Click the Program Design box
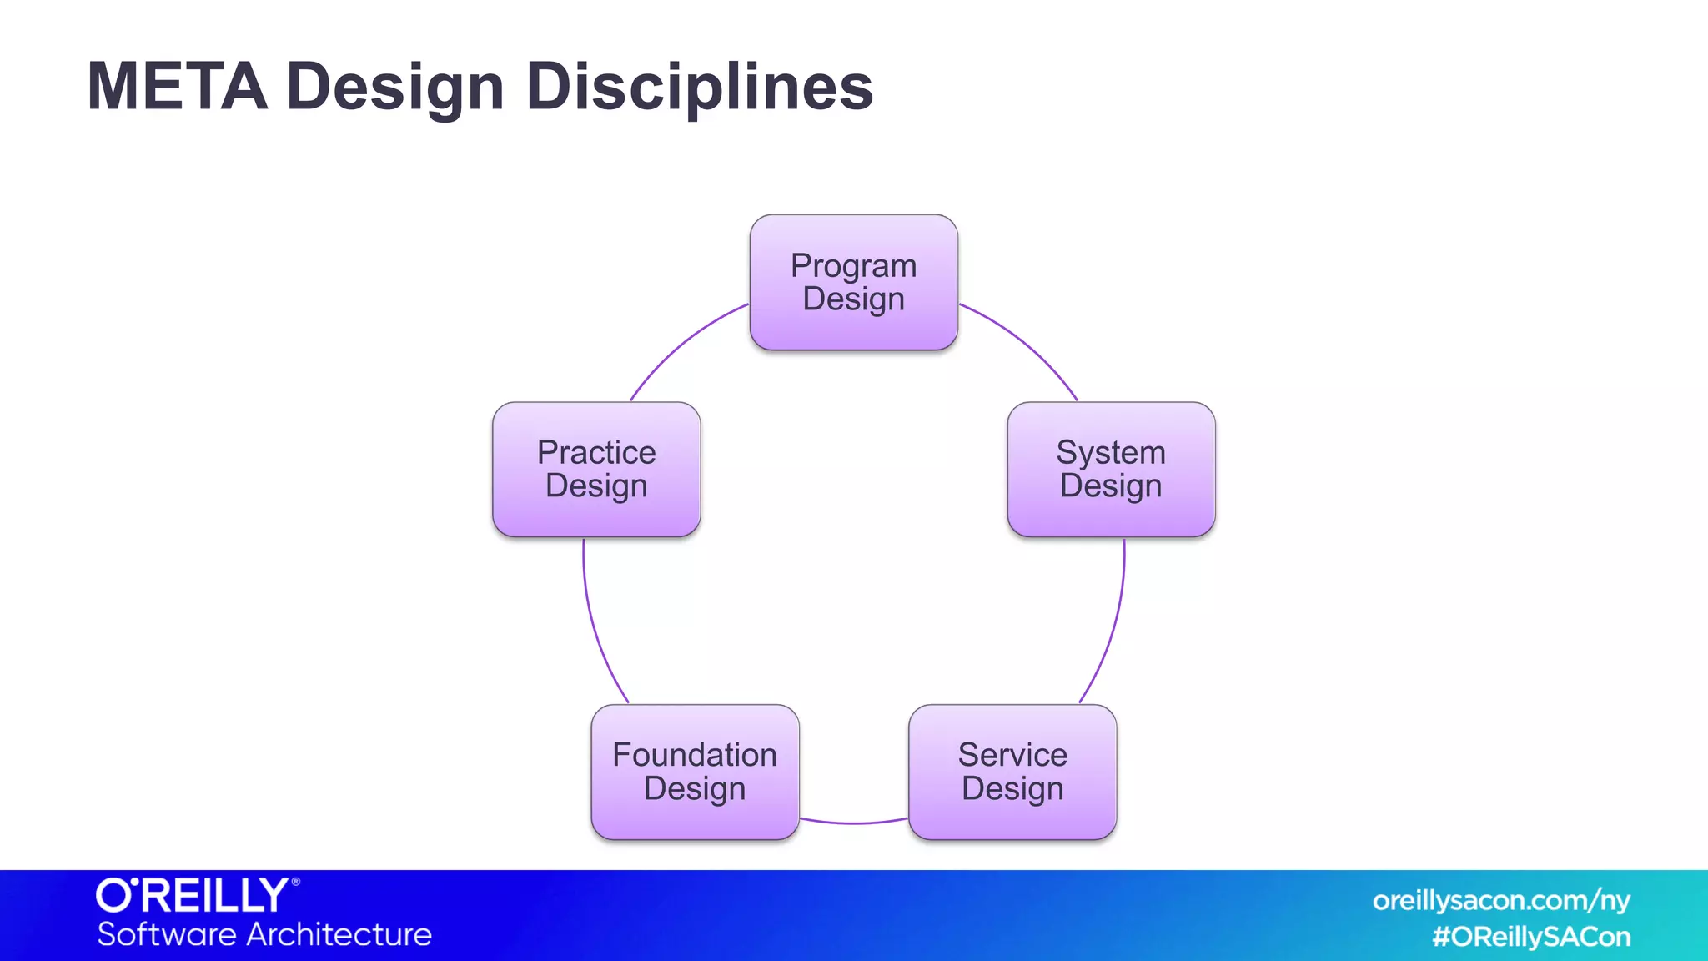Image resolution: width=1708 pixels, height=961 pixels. point(853,282)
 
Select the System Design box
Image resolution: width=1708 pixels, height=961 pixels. point(1110,469)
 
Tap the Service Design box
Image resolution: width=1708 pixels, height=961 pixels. point(1012,772)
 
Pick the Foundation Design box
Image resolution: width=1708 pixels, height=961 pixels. point(695,772)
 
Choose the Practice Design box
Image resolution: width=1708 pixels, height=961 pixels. point(595,469)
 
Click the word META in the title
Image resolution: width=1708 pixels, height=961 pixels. point(177,86)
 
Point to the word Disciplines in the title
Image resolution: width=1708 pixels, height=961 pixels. point(699,86)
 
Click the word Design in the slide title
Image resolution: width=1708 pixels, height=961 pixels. point(395,88)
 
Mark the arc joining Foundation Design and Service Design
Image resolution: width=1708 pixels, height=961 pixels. point(853,823)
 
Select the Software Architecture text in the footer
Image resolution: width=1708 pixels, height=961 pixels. point(264,934)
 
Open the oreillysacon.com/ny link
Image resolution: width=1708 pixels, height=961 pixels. point(1500,900)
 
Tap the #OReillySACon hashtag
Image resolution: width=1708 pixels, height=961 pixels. point(1530,937)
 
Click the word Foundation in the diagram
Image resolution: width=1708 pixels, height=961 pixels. point(695,755)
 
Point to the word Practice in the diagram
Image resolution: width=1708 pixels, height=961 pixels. point(595,452)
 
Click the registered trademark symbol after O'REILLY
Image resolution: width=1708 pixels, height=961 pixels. point(295,881)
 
